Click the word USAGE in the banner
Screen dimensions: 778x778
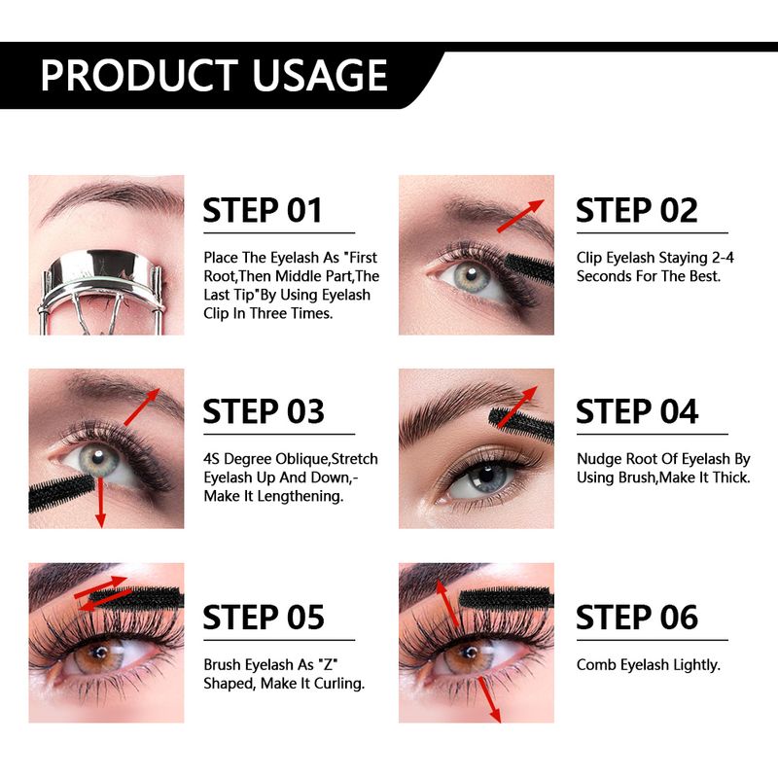pos(320,75)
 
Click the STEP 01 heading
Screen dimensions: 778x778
pos(263,210)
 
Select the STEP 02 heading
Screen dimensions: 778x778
pos(637,210)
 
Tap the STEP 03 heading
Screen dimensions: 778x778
pos(264,411)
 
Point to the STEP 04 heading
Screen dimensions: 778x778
pos(637,411)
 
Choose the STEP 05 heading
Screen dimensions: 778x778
pos(264,618)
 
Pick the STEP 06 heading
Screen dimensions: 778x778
pos(637,618)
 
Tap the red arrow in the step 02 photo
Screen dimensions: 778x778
pos(520,216)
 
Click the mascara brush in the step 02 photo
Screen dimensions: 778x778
pos(530,269)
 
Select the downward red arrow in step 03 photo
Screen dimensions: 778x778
pos(101,501)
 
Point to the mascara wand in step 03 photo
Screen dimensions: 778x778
pos(62,492)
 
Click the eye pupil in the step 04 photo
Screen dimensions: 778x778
pos(486,476)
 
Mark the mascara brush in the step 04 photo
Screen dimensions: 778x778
pos(522,425)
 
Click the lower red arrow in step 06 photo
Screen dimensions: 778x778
pos(489,699)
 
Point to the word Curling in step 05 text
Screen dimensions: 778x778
pos(339,685)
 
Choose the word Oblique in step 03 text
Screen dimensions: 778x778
pos(301,459)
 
